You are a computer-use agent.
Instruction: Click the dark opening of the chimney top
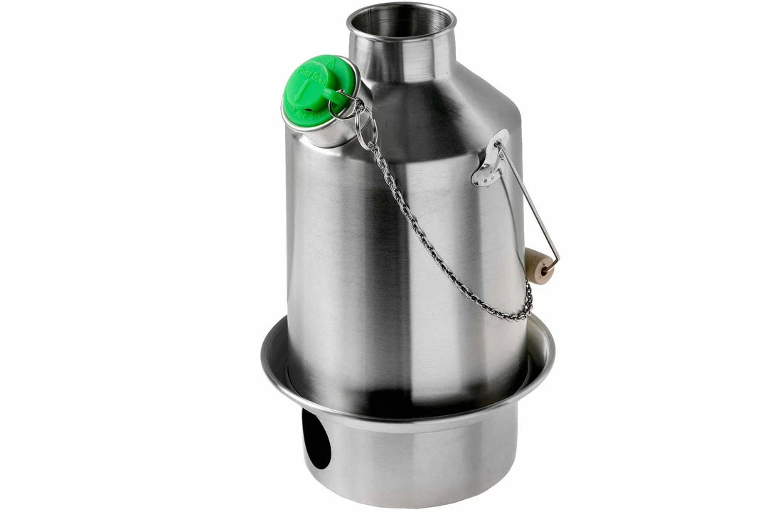click(x=400, y=22)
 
